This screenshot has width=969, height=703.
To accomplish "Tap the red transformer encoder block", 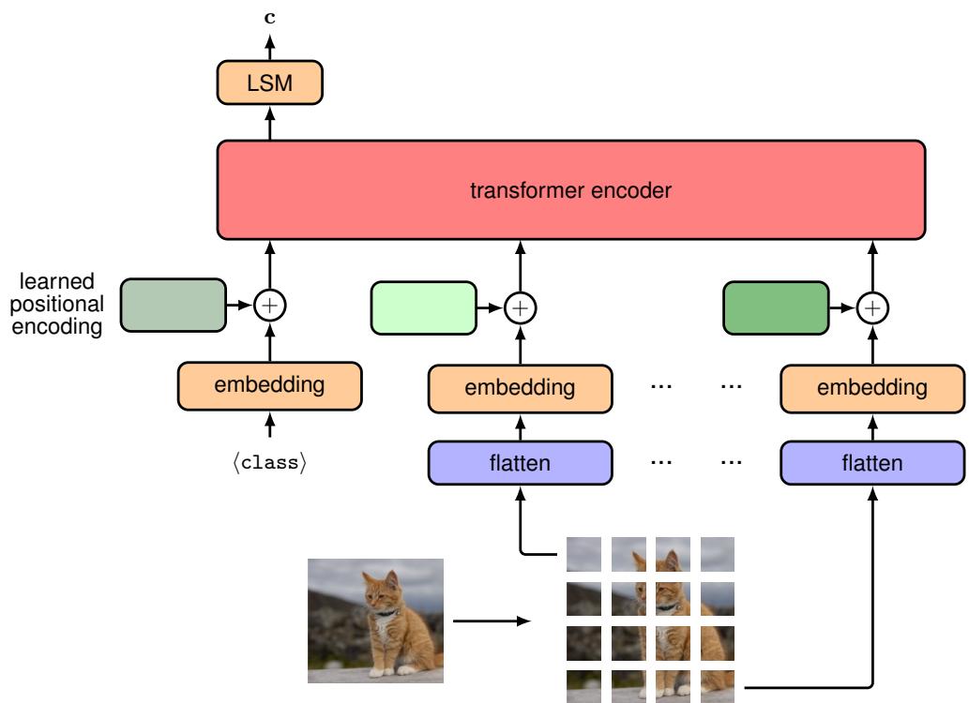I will [x=570, y=190].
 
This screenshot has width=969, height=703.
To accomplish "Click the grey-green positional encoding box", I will [x=174, y=305].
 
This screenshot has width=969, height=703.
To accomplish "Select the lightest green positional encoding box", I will [x=425, y=307].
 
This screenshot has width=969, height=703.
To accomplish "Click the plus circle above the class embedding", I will [x=270, y=305].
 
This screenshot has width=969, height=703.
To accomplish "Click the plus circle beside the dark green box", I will [x=873, y=307].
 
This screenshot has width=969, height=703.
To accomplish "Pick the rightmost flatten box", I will [x=872, y=463].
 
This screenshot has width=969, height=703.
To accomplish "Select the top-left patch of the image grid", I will [x=582, y=553].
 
